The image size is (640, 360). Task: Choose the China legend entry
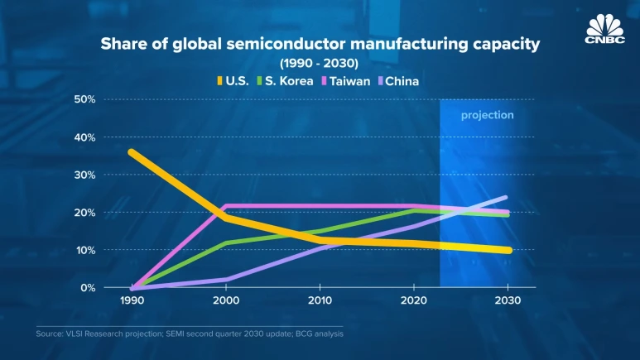[x=401, y=81]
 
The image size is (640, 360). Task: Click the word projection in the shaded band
[x=487, y=115]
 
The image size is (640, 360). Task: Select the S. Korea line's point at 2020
[x=414, y=210]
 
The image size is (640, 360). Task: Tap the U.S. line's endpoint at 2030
[x=508, y=250]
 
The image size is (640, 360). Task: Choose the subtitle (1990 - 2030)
[x=320, y=63]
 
